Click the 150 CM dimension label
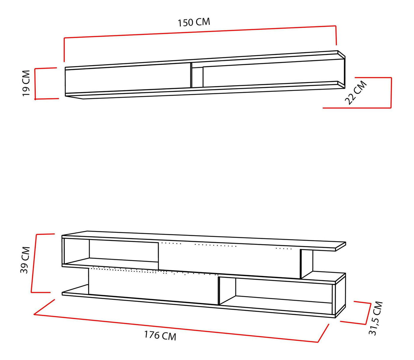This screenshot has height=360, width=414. coord(194,22)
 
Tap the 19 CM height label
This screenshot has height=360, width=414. coord(26,83)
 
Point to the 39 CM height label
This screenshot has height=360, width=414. coord(25,260)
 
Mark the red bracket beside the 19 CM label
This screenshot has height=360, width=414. coord(35,84)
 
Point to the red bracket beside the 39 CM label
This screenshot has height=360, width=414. coord(34,263)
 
